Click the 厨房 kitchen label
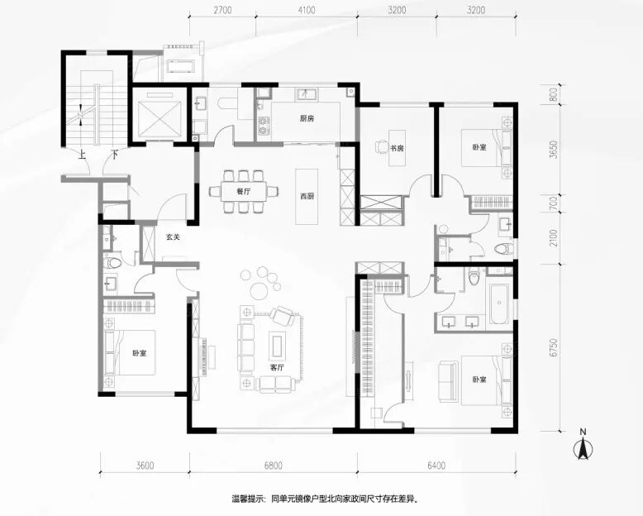coord(307,119)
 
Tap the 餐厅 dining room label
coord(244,192)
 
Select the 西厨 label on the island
coord(307,197)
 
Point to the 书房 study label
coord(397,148)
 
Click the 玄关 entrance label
coord(173,236)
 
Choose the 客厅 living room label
coord(277,367)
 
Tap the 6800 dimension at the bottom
coord(273,466)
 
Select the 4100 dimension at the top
coord(306,10)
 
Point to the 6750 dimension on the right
coord(554,347)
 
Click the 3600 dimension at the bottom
coord(145,466)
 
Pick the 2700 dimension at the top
coord(222,10)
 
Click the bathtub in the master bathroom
coord(498,302)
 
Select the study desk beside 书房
coord(397,148)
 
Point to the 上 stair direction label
coord(83,155)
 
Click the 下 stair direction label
coord(115,155)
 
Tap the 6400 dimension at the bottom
coord(436,466)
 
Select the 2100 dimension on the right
coord(554,238)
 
